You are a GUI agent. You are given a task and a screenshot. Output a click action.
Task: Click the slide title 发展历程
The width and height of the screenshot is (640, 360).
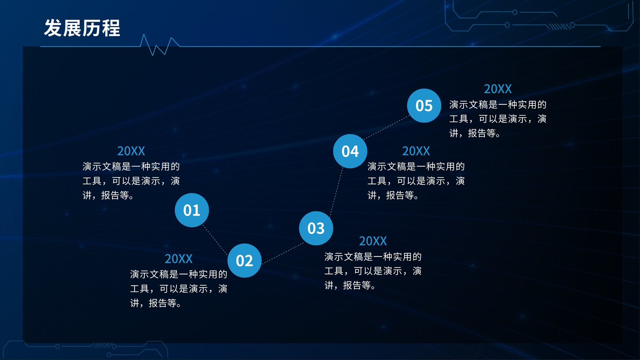[x=82, y=28]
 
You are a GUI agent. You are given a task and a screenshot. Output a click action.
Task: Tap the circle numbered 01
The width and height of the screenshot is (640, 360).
[x=192, y=210]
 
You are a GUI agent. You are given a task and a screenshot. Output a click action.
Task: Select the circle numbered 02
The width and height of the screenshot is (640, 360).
[x=244, y=260]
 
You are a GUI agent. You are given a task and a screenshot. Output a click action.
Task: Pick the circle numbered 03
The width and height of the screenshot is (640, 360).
[x=316, y=228]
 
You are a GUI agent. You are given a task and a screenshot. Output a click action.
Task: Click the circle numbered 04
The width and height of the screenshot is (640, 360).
[x=350, y=151]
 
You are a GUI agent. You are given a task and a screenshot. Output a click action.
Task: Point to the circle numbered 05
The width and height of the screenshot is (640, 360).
[x=424, y=106]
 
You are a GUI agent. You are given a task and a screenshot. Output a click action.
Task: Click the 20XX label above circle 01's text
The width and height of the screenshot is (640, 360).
[x=131, y=151]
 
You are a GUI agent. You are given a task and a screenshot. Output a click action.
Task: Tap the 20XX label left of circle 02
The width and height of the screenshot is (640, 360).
[x=178, y=258]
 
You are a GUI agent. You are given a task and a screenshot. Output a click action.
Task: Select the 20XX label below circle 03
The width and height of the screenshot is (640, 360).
[x=373, y=241]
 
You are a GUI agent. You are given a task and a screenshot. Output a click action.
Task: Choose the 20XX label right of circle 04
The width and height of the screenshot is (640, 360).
[x=416, y=151]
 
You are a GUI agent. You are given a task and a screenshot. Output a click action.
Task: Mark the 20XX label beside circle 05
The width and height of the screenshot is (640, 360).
[x=498, y=89]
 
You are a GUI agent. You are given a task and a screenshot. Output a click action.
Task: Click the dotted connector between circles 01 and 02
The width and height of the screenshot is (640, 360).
[x=215, y=240]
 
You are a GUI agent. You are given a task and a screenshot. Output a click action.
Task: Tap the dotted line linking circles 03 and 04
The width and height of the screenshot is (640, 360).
[x=336, y=192]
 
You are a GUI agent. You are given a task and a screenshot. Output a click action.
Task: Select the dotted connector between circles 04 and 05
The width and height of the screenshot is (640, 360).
[x=386, y=128]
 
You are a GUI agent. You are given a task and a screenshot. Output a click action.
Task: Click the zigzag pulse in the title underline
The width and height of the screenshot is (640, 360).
[x=160, y=45]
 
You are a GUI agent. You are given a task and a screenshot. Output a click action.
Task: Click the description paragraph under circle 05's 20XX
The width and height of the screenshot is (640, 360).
[x=498, y=119]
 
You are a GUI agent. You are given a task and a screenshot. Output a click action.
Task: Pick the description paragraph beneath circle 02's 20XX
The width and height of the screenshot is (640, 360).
[x=178, y=288]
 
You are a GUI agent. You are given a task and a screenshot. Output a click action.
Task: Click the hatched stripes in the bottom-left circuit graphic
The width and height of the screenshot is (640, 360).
[x=102, y=345]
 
